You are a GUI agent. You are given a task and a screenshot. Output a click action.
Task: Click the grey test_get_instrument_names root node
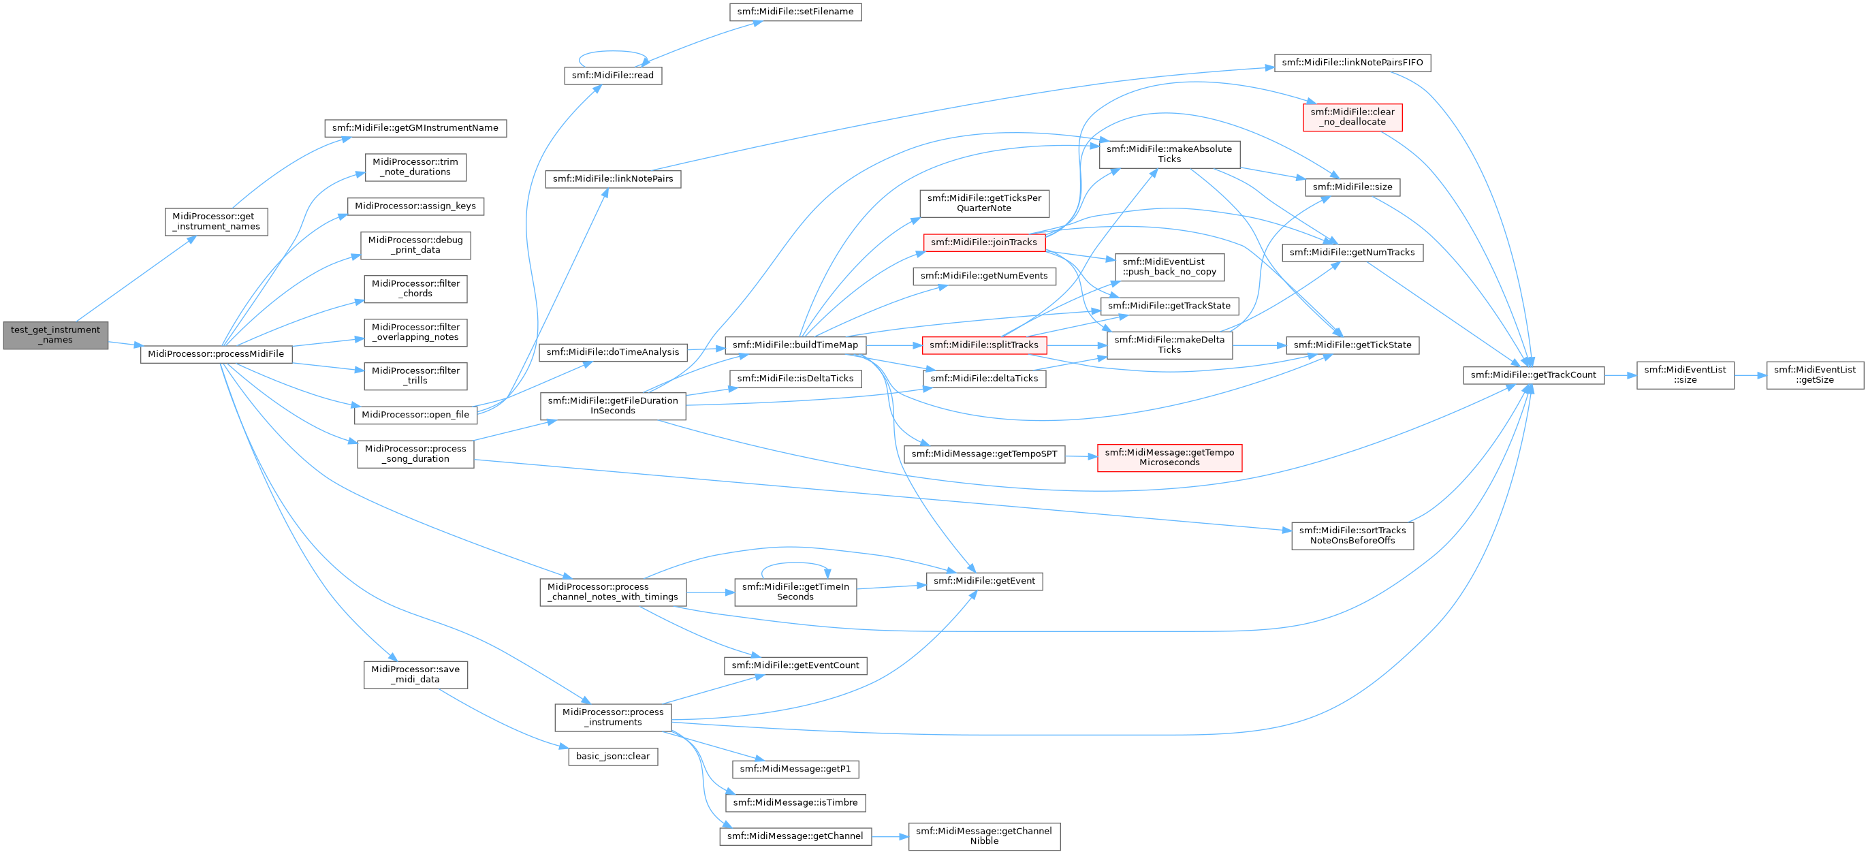[x=56, y=335]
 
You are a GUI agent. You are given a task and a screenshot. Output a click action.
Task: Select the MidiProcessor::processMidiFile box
[x=216, y=353]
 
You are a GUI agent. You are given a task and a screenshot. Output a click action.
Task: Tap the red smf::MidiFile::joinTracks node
[x=984, y=242]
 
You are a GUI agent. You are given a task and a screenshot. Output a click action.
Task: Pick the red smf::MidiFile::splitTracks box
[x=984, y=345]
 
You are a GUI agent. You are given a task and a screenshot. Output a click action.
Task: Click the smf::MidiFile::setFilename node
[x=795, y=12]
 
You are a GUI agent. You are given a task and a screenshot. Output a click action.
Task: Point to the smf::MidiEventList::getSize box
[x=1815, y=375]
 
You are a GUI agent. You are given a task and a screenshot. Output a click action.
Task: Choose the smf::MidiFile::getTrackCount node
[x=1534, y=375]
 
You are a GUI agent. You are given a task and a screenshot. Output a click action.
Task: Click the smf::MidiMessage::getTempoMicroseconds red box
[x=1170, y=458]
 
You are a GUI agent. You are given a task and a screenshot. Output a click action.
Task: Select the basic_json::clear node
[x=613, y=756]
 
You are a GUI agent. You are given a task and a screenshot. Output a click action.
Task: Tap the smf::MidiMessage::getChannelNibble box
[x=984, y=836]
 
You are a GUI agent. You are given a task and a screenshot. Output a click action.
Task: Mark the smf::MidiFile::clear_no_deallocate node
[x=1352, y=116]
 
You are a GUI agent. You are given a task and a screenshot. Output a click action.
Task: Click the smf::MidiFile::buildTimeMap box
[x=795, y=345]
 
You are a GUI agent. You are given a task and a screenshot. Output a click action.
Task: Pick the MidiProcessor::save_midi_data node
[x=415, y=674]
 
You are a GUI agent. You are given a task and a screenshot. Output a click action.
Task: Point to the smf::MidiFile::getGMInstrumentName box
[x=415, y=127]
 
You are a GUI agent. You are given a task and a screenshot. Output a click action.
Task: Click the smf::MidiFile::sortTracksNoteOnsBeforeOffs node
[x=1352, y=535]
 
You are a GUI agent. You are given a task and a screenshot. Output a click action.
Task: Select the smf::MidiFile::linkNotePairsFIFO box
[x=1352, y=63]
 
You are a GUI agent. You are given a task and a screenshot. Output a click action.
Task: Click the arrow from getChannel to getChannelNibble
[x=890, y=836]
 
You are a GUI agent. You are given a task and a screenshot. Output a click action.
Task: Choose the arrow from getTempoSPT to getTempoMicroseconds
[x=1081, y=456]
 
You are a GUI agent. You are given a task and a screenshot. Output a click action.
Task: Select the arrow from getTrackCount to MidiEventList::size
[x=1620, y=375]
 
